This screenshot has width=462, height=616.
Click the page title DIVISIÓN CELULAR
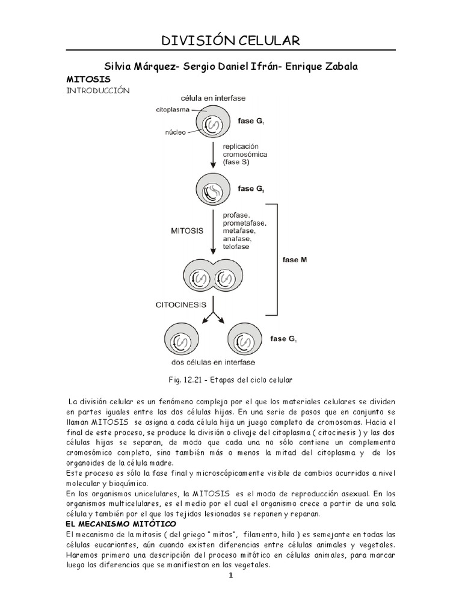(x=231, y=41)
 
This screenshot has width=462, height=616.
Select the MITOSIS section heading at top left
(x=88, y=79)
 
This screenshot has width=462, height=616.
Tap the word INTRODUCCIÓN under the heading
(x=97, y=90)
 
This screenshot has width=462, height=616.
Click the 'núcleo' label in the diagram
(x=175, y=132)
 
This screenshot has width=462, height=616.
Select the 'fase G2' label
(x=251, y=188)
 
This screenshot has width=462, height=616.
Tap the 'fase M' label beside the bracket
(x=295, y=260)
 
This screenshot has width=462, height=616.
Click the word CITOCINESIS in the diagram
(x=180, y=305)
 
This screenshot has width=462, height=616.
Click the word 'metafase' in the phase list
(x=238, y=231)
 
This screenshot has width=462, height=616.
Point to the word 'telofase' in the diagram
(x=238, y=247)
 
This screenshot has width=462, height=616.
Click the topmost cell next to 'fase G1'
(x=212, y=122)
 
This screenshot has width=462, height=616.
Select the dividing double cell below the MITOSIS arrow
(x=212, y=279)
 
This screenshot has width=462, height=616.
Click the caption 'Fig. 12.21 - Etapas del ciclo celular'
(x=231, y=380)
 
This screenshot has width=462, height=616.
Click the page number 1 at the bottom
(x=230, y=576)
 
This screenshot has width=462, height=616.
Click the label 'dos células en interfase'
(x=213, y=362)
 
